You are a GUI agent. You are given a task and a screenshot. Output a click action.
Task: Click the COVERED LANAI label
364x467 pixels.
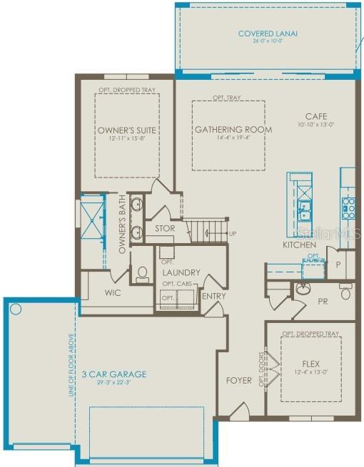click(268, 33)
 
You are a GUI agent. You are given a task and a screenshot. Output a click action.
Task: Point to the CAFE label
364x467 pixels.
click(316, 116)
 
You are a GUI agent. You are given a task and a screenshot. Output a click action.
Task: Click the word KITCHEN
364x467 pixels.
click(299, 245)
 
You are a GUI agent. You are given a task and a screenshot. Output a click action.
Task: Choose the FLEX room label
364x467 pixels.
click(310, 361)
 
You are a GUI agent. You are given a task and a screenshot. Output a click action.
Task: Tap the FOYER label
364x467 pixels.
click(238, 380)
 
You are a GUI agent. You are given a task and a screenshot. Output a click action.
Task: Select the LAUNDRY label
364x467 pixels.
click(181, 272)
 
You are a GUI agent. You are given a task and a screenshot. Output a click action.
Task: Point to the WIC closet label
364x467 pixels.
click(113, 292)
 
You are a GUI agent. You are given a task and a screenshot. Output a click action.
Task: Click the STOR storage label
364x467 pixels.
click(165, 229)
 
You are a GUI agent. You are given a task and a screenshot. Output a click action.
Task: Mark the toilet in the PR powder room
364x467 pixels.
click(346, 292)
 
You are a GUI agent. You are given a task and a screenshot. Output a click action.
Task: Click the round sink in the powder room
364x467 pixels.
click(303, 289)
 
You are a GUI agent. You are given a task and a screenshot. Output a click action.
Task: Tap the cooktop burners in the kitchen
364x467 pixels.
click(348, 207)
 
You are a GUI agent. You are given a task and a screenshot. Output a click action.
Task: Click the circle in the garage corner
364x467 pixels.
click(16, 309)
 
